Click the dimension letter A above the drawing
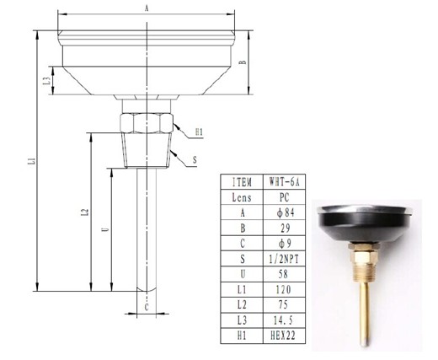147,8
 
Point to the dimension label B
243,62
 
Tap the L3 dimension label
47,81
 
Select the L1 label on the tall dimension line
32,161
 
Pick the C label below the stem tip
147,308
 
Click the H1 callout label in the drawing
199,132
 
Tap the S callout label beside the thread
195,160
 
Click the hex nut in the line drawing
146,123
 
